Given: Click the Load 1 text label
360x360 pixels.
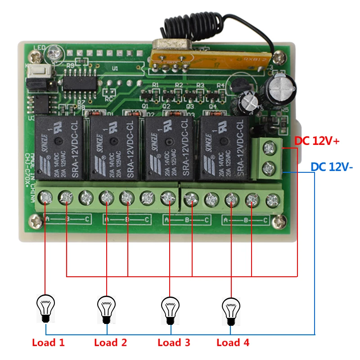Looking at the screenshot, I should (x=48, y=342).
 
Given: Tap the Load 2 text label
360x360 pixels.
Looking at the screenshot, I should (x=111, y=342).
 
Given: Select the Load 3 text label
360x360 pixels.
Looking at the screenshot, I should (x=174, y=342).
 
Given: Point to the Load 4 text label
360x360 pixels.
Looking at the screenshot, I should (x=233, y=342).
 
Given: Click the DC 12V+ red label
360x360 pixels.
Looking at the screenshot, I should (x=317, y=141).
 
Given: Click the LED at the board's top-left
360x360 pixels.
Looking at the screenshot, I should (x=54, y=50).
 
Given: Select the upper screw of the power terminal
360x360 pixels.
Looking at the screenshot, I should (x=269, y=147).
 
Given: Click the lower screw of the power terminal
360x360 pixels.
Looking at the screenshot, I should (x=269, y=168).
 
